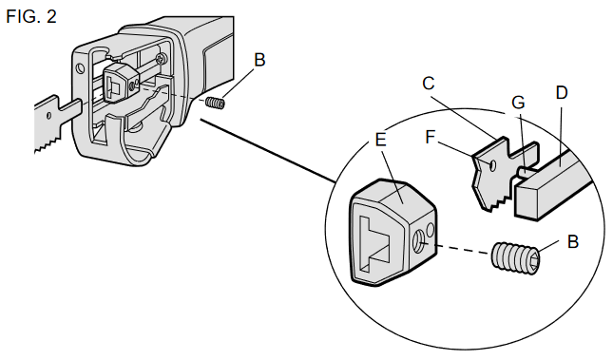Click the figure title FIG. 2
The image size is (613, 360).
click(x=31, y=17)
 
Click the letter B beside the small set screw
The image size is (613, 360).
click(x=259, y=60)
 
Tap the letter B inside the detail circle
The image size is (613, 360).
click(x=573, y=241)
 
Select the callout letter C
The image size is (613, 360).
click(x=429, y=84)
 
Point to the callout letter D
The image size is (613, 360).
click(x=562, y=93)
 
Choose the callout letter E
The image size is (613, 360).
click(x=380, y=140)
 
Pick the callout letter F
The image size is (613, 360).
click(x=430, y=137)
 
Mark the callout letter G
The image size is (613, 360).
click(x=518, y=103)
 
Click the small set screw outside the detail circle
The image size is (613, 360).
click(x=215, y=104)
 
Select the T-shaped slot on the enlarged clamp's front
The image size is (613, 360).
click(x=376, y=244)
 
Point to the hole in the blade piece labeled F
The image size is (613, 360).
click(x=491, y=165)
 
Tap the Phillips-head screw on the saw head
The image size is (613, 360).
click(x=161, y=59)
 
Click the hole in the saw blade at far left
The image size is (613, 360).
click(x=48, y=116)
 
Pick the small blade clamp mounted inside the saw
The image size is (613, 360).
click(x=119, y=84)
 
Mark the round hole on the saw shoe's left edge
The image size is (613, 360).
click(x=80, y=68)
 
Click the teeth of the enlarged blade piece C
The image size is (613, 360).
click(x=493, y=202)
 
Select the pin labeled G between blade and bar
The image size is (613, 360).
click(x=526, y=172)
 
